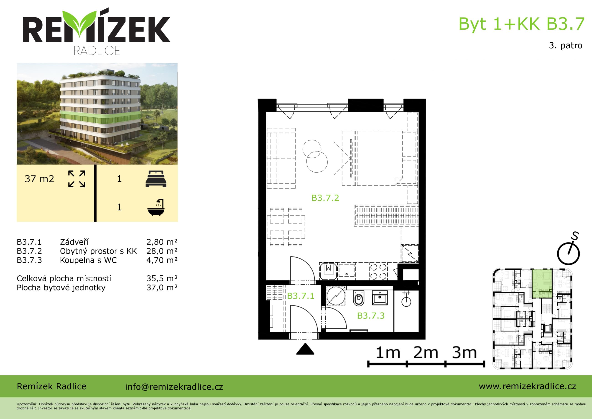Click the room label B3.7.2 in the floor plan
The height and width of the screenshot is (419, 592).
[x=325, y=198]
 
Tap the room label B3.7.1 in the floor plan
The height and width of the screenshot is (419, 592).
[x=301, y=296]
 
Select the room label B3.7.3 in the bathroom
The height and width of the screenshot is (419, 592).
[x=371, y=316]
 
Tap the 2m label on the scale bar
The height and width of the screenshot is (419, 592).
[x=426, y=353]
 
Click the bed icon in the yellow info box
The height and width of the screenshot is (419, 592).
[x=156, y=179]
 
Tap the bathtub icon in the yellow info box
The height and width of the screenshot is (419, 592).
[x=156, y=207]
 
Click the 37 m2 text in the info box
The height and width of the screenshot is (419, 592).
[x=39, y=179]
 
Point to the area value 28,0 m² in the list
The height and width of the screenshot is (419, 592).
[x=162, y=251]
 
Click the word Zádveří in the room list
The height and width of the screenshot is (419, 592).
[x=74, y=242]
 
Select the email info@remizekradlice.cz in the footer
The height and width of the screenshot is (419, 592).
[x=174, y=387]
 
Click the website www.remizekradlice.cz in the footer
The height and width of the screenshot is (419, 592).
[x=527, y=386]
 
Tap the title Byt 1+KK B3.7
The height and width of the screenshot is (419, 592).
[x=521, y=24]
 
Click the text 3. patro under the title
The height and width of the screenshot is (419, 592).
[x=565, y=45]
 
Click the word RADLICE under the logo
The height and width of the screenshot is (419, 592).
[x=97, y=51]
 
